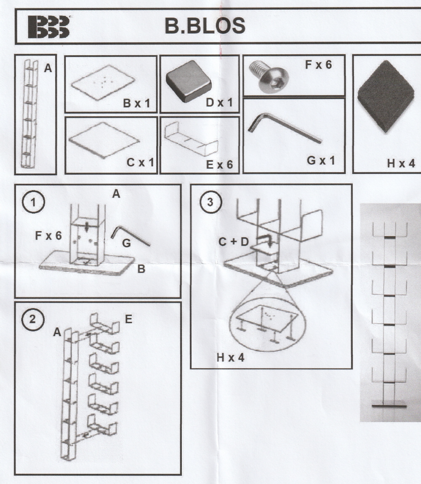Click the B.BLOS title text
(205, 26)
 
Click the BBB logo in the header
(49, 27)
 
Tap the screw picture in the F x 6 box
(269, 76)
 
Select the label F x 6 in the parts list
(318, 65)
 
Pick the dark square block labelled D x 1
(189, 81)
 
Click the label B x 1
(136, 103)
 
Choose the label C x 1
(140, 162)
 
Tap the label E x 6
(219, 165)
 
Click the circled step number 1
(33, 203)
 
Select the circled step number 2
(33, 319)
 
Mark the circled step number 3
(210, 202)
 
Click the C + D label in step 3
(234, 242)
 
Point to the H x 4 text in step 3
(230, 358)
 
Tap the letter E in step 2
(128, 319)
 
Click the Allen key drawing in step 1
(130, 236)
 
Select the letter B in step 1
(141, 269)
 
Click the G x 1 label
(321, 160)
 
